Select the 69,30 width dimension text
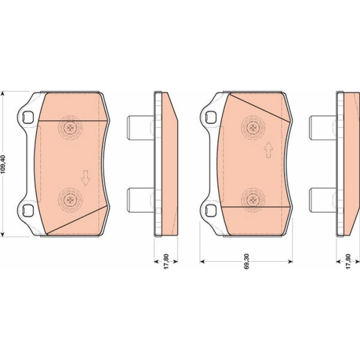point(246,261)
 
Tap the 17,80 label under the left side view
point(166,261)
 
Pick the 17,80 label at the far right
point(348,261)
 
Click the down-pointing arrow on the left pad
point(85,178)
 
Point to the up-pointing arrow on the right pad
point(268,150)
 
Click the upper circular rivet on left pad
point(70,127)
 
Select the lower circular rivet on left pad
point(70,200)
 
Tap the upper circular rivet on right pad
point(253,127)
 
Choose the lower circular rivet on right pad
point(253,200)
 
